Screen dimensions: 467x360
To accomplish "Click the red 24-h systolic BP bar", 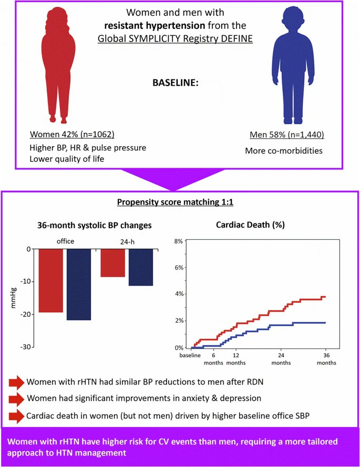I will (112, 263).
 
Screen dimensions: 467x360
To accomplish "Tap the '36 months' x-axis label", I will (326, 358).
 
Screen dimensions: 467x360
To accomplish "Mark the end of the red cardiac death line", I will (325, 297).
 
